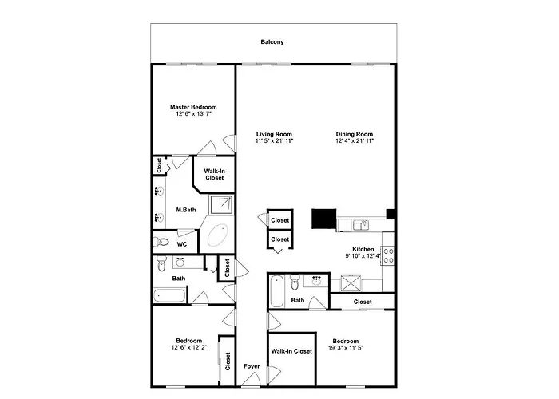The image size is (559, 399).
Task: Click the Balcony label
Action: point(272,42)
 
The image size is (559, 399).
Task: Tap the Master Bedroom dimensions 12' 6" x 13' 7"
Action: point(193,114)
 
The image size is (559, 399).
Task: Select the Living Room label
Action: point(274,134)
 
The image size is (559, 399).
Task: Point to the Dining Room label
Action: point(355,134)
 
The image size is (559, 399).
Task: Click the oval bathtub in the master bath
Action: point(217,235)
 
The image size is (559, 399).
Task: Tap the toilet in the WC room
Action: point(161,242)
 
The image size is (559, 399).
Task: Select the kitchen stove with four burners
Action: point(388,255)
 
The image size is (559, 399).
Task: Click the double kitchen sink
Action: point(361,225)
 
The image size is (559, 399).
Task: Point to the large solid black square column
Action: point(324,219)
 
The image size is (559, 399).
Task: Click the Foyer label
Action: point(252,366)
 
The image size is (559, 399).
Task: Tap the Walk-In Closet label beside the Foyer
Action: point(291,351)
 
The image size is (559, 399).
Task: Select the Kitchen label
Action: point(363,249)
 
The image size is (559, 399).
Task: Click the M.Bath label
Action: point(186,210)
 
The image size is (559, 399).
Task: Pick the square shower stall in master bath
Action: point(221,205)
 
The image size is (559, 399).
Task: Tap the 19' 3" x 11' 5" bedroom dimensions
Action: point(346,348)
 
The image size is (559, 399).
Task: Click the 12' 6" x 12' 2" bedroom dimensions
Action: point(189,347)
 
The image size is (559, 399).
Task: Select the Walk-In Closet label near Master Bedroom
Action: point(215,174)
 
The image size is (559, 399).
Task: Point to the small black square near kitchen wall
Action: point(391,214)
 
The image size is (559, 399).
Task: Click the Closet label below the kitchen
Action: point(363,302)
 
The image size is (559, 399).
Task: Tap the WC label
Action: point(182,244)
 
